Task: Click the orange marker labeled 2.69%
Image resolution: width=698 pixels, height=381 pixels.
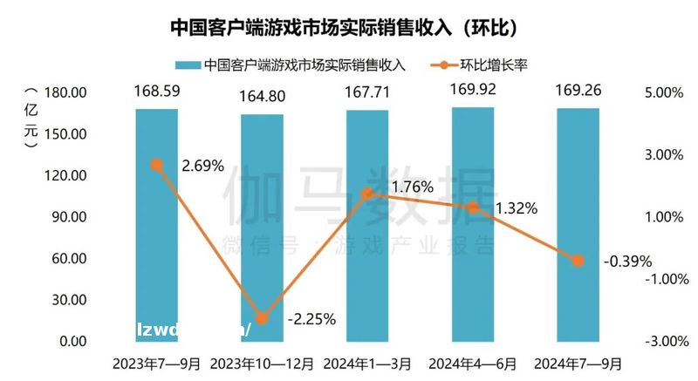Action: pyautogui.click(x=156, y=164)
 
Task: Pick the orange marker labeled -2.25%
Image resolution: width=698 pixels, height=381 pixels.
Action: pyautogui.click(x=262, y=319)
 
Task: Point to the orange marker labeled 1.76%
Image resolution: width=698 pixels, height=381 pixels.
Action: pyautogui.click(x=367, y=193)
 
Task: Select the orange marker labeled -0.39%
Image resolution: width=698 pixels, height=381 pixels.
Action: pyautogui.click(x=578, y=260)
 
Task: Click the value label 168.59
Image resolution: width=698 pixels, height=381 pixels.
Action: pyautogui.click(x=156, y=91)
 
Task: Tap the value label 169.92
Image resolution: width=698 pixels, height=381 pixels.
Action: pyautogui.click(x=473, y=89)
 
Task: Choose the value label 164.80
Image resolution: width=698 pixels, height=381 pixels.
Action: pyautogui.click(x=262, y=96)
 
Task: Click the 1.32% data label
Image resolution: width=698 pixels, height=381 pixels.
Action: pyautogui.click(x=516, y=208)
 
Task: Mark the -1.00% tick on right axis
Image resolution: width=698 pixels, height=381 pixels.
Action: pyautogui.click(x=665, y=279)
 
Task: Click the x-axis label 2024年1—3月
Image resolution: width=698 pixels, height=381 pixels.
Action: pyautogui.click(x=367, y=362)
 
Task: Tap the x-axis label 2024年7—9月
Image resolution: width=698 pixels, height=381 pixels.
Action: pyautogui.click(x=578, y=362)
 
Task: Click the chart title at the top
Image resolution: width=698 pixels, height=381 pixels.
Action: pyautogui.click(x=348, y=27)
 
